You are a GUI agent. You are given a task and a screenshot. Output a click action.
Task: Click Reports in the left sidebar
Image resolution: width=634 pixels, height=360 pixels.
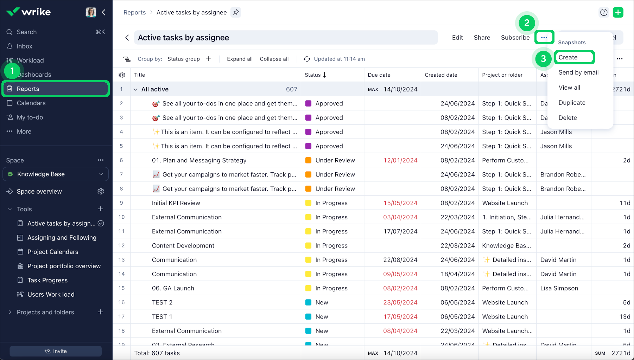[x=28, y=89]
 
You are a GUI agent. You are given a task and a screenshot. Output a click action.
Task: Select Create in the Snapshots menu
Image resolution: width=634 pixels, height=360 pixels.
[x=568, y=57]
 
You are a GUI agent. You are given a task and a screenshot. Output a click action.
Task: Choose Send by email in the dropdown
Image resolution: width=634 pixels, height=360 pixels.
[x=578, y=72]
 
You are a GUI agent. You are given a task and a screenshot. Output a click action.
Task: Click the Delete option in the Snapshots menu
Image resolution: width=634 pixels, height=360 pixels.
[x=568, y=118]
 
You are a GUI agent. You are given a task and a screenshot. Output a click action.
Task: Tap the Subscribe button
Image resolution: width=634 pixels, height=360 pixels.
[x=515, y=38]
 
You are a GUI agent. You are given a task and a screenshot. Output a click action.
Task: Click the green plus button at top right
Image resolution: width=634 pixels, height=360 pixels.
[x=618, y=12]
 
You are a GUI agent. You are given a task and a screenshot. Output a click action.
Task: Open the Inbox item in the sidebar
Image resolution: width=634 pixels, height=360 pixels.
[x=24, y=46]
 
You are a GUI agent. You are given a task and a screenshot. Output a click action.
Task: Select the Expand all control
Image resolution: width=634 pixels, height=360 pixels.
[x=240, y=59]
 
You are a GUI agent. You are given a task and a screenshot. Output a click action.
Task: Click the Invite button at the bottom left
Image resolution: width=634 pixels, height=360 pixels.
[x=56, y=351]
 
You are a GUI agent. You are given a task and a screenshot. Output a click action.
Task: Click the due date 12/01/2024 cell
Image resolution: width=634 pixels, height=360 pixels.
[x=400, y=160]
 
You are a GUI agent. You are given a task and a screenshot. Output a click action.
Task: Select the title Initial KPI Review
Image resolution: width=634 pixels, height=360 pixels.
[x=176, y=203]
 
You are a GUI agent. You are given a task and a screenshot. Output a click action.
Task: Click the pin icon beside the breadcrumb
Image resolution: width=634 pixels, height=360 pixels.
[x=236, y=12]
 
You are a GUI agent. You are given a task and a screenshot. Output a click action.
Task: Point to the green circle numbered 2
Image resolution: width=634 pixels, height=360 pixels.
[x=527, y=23]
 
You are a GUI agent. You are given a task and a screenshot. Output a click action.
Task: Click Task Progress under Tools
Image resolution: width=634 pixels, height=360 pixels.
[x=47, y=280]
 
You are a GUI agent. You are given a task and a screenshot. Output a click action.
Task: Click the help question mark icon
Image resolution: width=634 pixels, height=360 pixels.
[x=604, y=12]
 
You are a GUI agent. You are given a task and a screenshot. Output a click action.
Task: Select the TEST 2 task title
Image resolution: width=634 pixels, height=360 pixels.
[x=162, y=302]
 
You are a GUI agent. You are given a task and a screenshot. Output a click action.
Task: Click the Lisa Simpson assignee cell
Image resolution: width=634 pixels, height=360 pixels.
[x=559, y=288]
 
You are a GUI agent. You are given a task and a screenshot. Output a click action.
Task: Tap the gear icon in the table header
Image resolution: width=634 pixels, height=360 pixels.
[x=122, y=75]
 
